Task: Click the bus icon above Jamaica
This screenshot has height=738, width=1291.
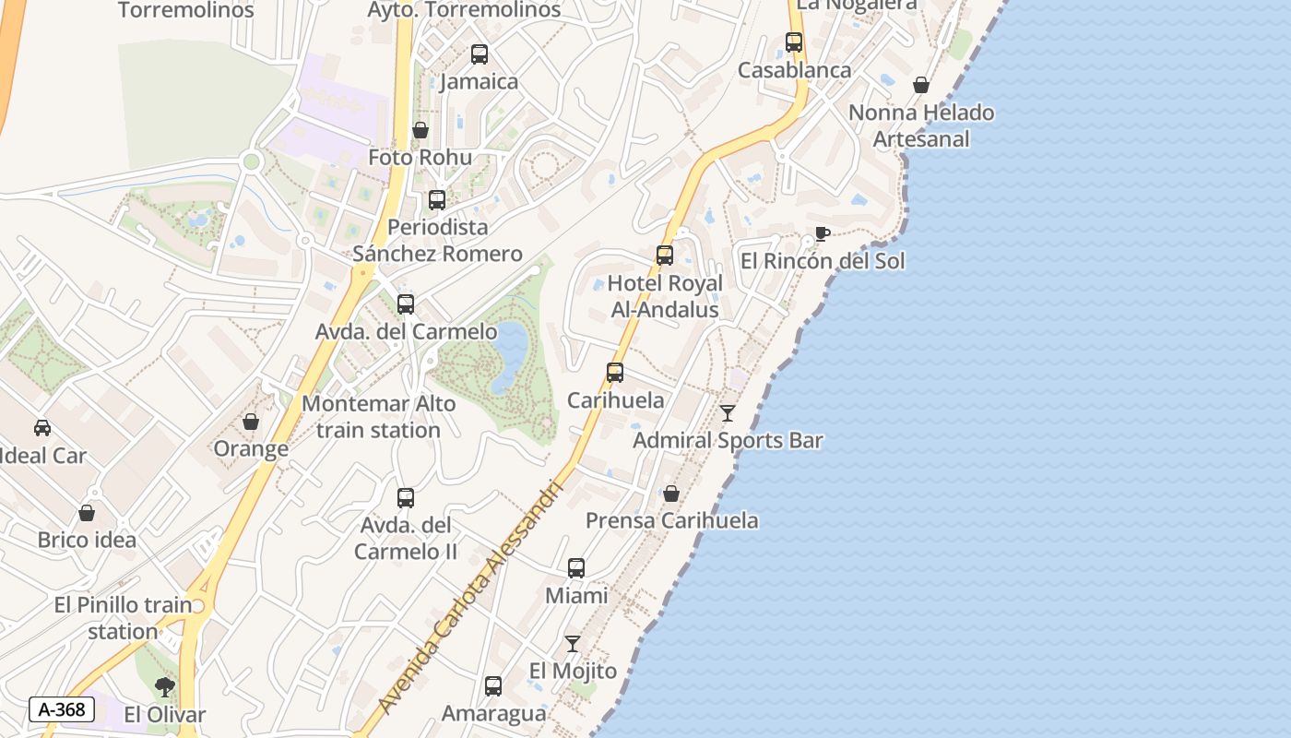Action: (x=480, y=54)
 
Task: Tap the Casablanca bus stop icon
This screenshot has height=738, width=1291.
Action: (x=794, y=42)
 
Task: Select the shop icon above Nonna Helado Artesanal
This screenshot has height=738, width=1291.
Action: (x=921, y=86)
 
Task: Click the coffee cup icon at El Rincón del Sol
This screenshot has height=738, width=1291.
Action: (x=822, y=233)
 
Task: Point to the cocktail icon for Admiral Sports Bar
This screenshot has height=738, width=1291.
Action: (x=728, y=412)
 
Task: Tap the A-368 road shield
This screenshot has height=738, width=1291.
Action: (x=62, y=709)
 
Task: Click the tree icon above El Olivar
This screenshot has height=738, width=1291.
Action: (x=165, y=686)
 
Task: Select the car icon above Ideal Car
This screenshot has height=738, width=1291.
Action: (x=42, y=428)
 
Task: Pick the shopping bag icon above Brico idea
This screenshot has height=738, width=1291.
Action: (x=87, y=513)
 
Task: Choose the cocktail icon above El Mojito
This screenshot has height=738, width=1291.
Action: (x=573, y=643)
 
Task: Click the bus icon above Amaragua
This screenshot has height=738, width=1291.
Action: (x=493, y=686)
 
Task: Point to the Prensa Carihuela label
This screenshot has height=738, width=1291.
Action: (x=672, y=520)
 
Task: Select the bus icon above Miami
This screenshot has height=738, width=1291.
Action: (x=576, y=568)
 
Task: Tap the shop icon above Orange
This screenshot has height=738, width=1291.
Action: (x=250, y=422)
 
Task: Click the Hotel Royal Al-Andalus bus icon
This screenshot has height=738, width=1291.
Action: (x=665, y=256)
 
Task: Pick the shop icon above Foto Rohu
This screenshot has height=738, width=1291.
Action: (x=420, y=130)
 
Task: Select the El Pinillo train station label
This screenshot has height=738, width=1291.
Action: (x=123, y=618)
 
